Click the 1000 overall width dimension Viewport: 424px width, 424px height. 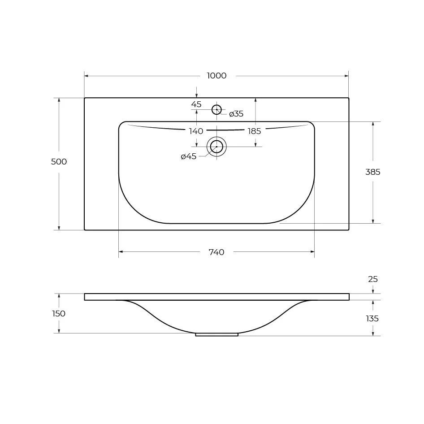pyautogui.click(x=216, y=76)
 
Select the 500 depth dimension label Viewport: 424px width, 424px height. pyautogui.click(x=59, y=162)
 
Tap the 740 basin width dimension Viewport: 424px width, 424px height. pyautogui.click(x=216, y=252)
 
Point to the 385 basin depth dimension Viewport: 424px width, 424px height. pyautogui.click(x=373, y=172)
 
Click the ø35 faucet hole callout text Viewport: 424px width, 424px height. pyautogui.click(x=236, y=114)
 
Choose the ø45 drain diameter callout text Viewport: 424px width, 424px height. pyautogui.click(x=189, y=156)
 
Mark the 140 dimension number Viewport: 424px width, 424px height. pyautogui.click(x=196, y=131)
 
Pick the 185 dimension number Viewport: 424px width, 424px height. pyautogui.click(x=255, y=131)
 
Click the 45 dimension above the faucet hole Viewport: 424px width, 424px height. pyautogui.click(x=196, y=104)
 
